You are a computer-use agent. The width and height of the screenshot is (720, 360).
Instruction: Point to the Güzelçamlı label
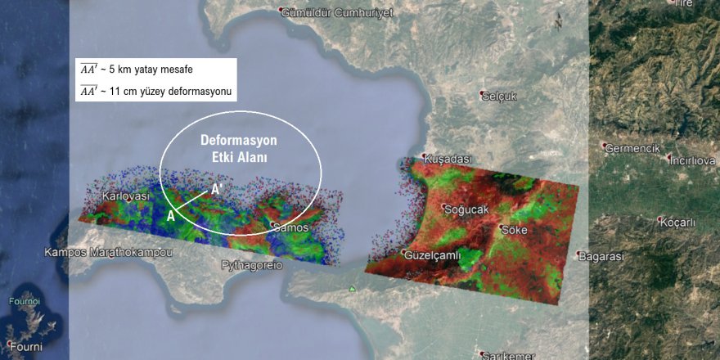(x=434, y=255)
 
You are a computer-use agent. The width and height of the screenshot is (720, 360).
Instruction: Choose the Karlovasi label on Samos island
(x=125, y=196)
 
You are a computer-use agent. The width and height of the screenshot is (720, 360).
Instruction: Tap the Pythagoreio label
(x=252, y=265)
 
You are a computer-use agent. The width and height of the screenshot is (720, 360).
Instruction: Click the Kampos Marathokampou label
(x=109, y=252)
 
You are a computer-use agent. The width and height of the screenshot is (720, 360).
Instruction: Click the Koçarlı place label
(x=678, y=221)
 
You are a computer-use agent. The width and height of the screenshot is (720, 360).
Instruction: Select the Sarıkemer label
(x=509, y=355)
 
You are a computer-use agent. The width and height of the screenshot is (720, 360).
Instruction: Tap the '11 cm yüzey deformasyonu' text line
(x=155, y=91)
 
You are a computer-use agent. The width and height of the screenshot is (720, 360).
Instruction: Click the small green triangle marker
(x=352, y=289)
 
